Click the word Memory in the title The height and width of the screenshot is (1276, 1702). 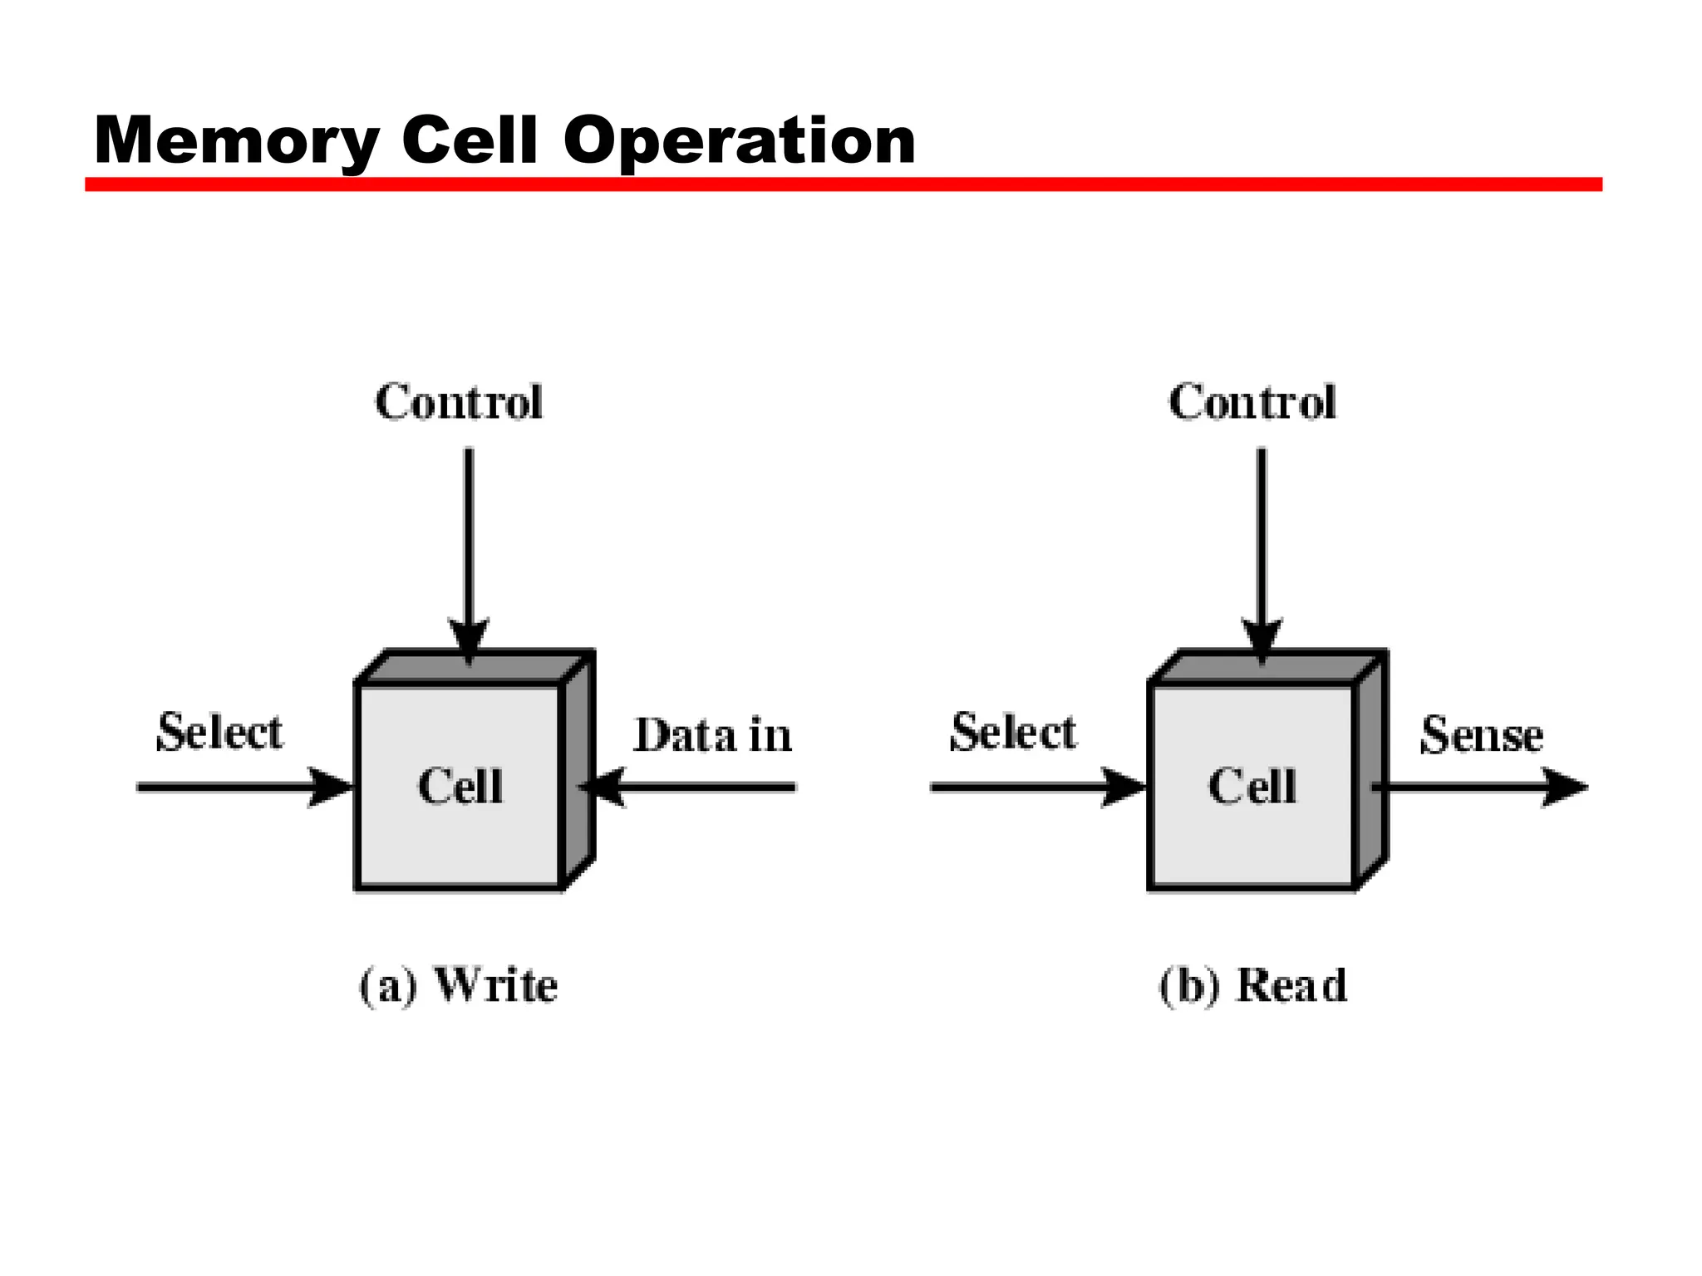(237, 141)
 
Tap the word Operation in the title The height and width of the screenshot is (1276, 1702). (739, 141)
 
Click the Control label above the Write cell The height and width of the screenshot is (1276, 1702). (459, 402)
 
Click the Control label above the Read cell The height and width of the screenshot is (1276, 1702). (1252, 402)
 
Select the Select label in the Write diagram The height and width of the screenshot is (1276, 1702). (219, 733)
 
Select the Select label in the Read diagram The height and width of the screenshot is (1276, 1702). (1012, 733)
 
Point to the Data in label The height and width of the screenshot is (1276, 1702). (712, 735)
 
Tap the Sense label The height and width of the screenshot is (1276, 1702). (1481, 735)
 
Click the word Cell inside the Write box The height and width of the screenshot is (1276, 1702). (460, 786)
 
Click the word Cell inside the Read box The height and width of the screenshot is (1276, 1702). (1252, 786)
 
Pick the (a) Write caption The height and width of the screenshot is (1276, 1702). (459, 986)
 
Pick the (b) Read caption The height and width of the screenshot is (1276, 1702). (1252, 986)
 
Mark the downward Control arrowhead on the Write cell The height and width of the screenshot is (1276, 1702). (469, 641)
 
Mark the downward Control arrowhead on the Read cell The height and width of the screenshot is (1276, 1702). (1262, 641)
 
